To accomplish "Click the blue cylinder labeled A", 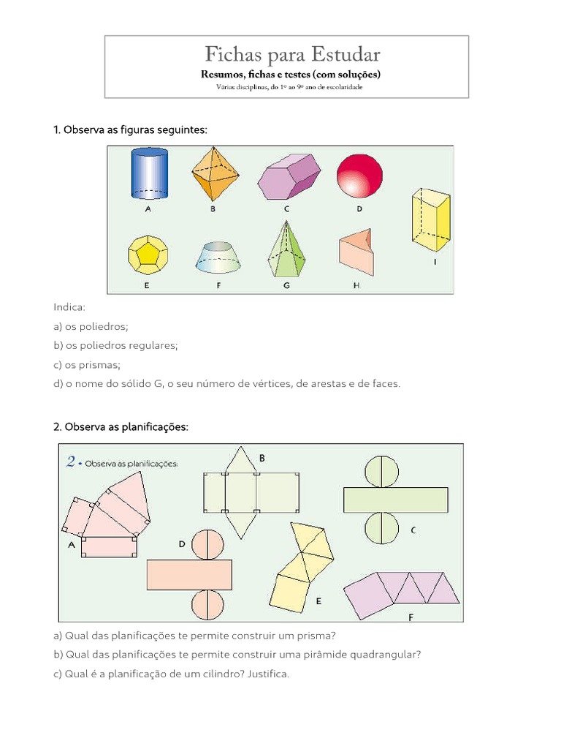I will (x=148, y=174).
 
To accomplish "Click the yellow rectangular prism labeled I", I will (x=432, y=218).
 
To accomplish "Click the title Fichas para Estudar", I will (x=292, y=55).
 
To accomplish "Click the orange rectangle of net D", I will (x=189, y=574).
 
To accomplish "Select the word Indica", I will (x=69, y=308).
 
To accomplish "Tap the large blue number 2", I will (x=71, y=461).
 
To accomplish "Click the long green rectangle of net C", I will (x=395, y=500).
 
